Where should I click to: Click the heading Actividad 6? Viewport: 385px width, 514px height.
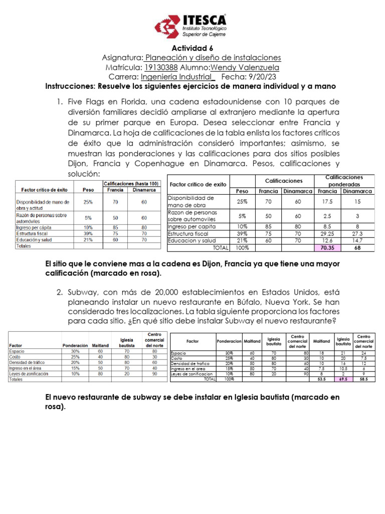coord(192,48)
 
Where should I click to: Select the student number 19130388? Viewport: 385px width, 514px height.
coord(160,67)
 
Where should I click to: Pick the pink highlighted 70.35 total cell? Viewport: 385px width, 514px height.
coord(327,247)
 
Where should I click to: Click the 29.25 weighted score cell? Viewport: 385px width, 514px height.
coord(327,233)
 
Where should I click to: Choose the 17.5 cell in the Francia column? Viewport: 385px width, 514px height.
coord(327,201)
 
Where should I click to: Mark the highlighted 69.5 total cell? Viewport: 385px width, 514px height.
coord(343,380)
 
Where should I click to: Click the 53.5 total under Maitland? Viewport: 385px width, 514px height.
coord(322,380)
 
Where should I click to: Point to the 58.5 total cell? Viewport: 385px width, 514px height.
coord(364,380)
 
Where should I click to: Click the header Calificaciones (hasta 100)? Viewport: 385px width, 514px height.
coord(131,184)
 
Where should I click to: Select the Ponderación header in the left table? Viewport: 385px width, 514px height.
coord(75,345)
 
